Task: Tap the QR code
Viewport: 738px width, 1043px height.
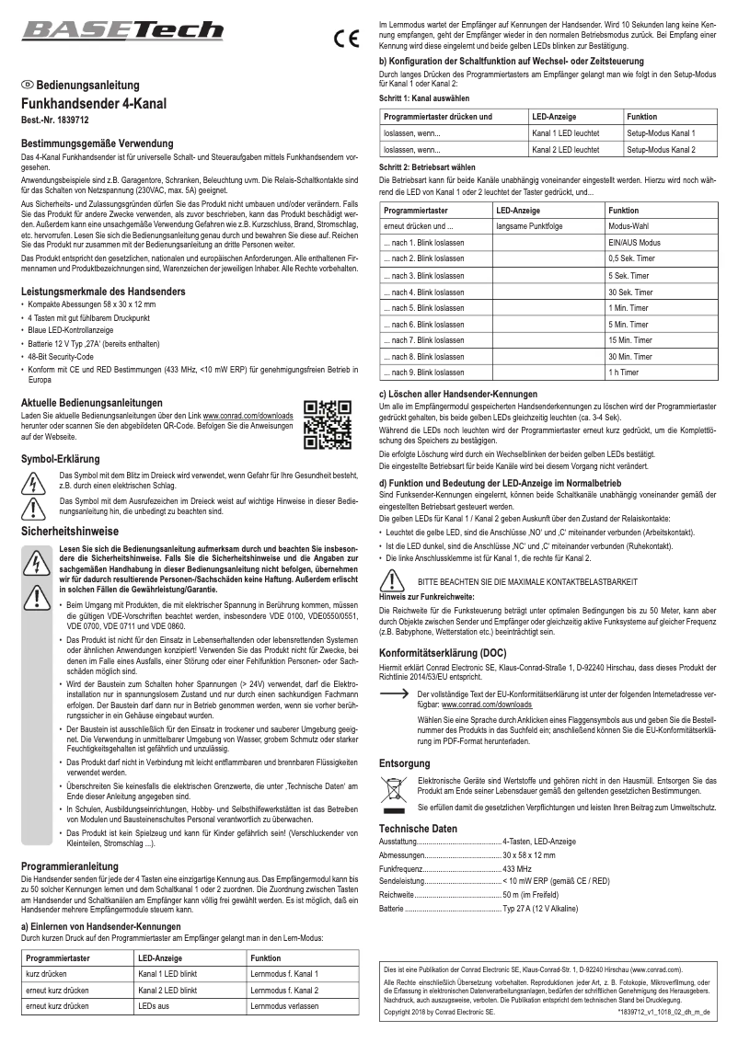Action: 327,425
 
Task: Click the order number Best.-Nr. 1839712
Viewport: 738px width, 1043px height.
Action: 54,120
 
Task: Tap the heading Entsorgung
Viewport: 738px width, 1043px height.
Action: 404,763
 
